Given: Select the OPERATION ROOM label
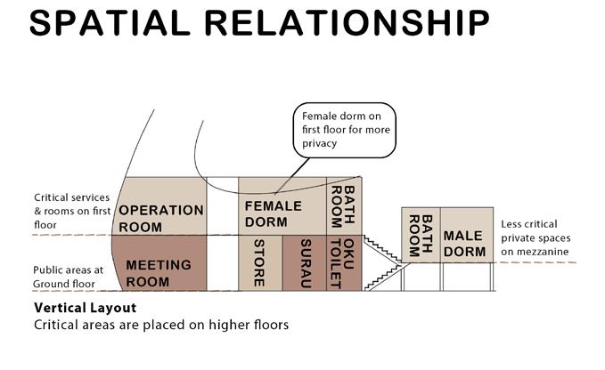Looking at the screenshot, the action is (x=161, y=217).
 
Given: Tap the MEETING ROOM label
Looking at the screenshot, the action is (x=159, y=272).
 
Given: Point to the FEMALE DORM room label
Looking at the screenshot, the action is (x=274, y=213).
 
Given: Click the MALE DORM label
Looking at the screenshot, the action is (x=464, y=243).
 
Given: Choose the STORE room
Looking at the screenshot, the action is (x=259, y=262).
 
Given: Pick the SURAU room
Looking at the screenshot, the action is (x=305, y=262).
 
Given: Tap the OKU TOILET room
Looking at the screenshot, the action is (x=343, y=262).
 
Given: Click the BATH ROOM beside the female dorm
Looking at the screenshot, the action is (x=343, y=205).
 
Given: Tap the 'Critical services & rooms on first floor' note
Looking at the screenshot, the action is (x=69, y=211).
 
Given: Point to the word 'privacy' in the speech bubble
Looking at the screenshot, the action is (x=321, y=143).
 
